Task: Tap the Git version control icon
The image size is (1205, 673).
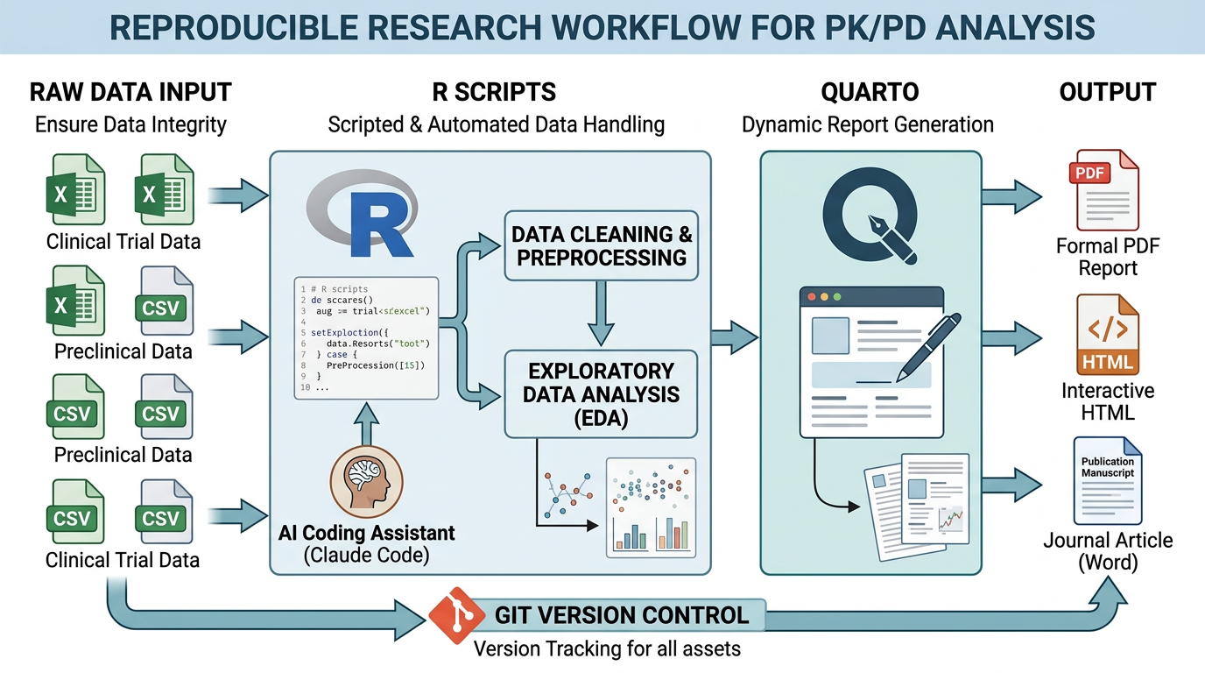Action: click(x=457, y=615)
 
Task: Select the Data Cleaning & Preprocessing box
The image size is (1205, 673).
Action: click(x=601, y=245)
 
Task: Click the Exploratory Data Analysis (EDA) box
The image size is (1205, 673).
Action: click(x=601, y=394)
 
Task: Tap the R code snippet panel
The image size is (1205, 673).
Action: click(x=366, y=337)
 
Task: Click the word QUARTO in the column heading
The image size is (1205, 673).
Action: click(x=870, y=92)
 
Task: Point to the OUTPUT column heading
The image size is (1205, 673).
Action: click(x=1107, y=92)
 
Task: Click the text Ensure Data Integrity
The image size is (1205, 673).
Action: click(x=130, y=124)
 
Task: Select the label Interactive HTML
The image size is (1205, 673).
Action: click(x=1108, y=401)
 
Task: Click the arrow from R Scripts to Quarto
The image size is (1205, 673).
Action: click(x=734, y=334)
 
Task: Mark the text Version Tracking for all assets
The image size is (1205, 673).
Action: click(x=607, y=649)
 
